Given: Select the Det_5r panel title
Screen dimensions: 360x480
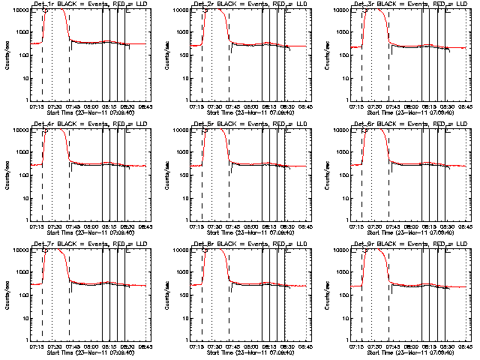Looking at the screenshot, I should (x=248, y=124).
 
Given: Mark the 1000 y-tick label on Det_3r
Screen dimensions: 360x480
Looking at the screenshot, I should (x=343, y=33).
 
